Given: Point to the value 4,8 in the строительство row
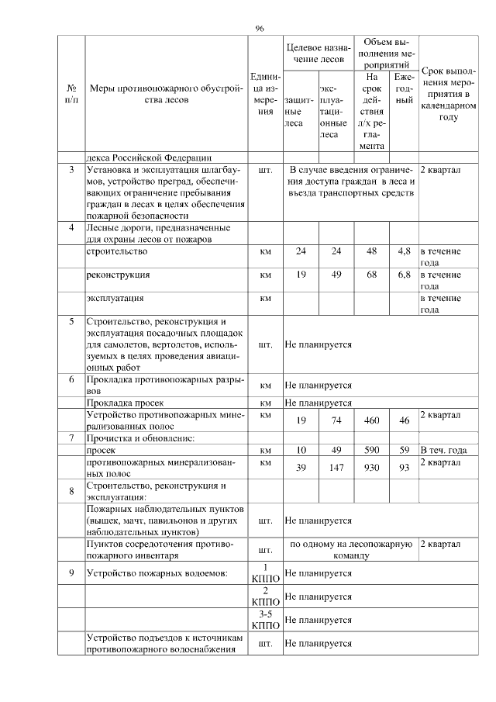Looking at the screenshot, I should pyautogui.click(x=403, y=251).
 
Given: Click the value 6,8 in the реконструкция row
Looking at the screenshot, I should pyautogui.click(x=403, y=275).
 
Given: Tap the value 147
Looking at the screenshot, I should pyautogui.click(x=336, y=468).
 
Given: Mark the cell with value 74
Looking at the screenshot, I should pyautogui.click(x=336, y=420).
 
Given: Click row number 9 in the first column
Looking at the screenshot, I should pyautogui.click(x=71, y=573).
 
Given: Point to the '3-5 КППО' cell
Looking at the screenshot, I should pyautogui.click(x=265, y=620).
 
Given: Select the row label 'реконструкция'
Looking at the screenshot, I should pyautogui.click(x=119, y=275).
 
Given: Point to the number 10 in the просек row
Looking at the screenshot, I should pyautogui.click(x=301, y=449).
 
